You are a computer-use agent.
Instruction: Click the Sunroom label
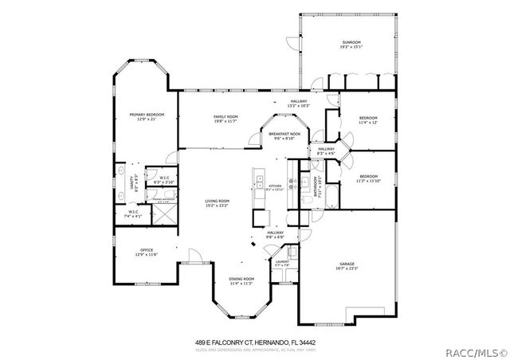tap(351, 44)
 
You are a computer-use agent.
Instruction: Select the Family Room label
tap(226, 119)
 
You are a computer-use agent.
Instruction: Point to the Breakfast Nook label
tap(284, 135)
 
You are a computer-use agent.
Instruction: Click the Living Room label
tap(217, 203)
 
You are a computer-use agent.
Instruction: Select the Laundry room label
tap(282, 264)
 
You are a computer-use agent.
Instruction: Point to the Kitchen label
tap(274, 187)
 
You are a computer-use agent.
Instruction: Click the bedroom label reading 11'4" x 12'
tap(367, 120)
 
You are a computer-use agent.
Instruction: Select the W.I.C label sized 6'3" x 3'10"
tap(163, 180)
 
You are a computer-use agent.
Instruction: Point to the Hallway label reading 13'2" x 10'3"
tap(298, 103)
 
